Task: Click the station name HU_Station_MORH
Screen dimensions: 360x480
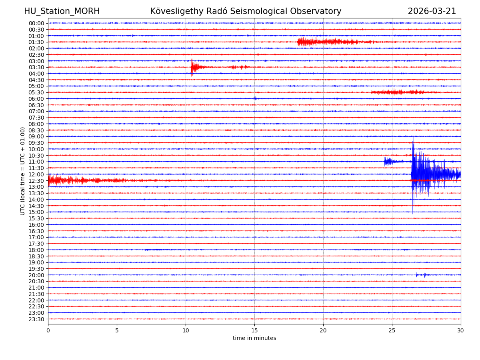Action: [62, 11]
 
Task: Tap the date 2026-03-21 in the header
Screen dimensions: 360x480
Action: [432, 11]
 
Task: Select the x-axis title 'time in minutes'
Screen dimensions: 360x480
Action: [254, 338]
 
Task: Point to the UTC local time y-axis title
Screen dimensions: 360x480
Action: [23, 171]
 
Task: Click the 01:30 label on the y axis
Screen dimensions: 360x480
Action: [36, 42]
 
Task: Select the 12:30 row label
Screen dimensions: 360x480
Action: [36, 181]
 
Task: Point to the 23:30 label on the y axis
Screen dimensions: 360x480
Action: [36, 319]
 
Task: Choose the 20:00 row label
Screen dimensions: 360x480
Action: [36, 275]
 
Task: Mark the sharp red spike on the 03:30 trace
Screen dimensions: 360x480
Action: [192, 67]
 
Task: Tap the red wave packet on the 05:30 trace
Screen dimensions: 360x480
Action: [396, 92]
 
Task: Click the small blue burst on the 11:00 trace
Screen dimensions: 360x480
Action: [387, 162]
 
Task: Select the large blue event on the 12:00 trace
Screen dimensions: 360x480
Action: [420, 174]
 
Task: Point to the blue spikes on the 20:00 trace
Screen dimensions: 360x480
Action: [420, 275]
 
